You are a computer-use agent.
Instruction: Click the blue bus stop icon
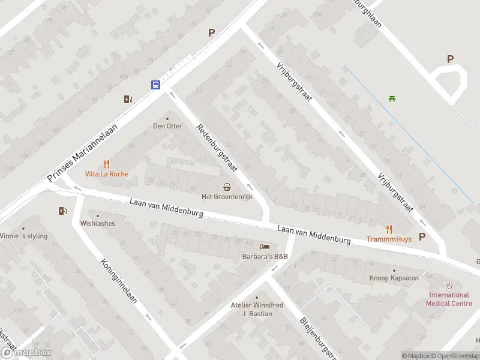coord(155,85)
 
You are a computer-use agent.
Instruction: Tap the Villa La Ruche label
coord(107,174)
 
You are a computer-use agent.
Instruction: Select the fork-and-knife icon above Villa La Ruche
coord(107,163)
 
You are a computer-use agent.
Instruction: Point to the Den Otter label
coord(167,126)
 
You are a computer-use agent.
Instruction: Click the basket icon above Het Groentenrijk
coord(227,186)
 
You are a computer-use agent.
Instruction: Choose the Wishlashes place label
coord(97,223)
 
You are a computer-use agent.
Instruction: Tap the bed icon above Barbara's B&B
coord(265,247)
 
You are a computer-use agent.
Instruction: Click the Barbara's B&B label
coord(265,257)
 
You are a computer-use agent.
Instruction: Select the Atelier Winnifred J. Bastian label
coord(256,309)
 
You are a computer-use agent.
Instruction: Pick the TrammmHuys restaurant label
coord(389,238)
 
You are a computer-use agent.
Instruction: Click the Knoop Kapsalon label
coord(394,278)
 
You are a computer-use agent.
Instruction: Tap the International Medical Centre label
coord(449,299)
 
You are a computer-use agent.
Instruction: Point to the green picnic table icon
coord(392,99)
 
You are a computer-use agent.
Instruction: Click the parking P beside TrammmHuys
coord(422,236)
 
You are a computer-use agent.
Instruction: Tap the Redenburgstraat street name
coord(215,146)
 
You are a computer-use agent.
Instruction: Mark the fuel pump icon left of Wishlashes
coord(62,211)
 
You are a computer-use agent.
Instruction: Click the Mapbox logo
coord(26,353)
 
